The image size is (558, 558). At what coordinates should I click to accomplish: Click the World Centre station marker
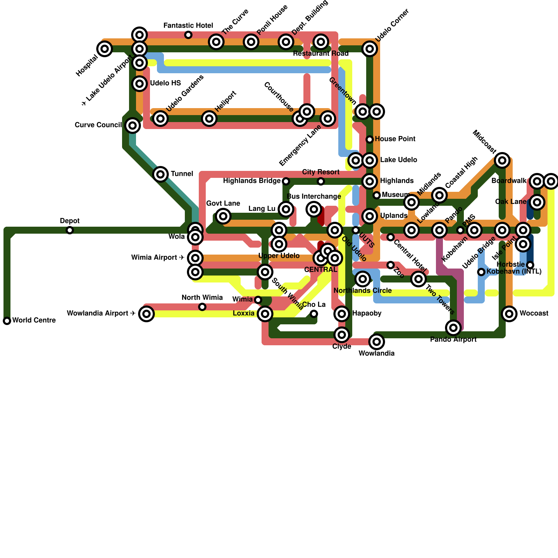(7, 321)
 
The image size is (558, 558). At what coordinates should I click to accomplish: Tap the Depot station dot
(70, 230)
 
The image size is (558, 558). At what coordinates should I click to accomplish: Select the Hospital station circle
(105, 49)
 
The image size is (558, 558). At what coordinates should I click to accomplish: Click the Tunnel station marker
(160, 174)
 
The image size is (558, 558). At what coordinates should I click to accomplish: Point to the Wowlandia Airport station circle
(146, 314)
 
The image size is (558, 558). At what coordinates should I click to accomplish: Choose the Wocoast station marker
(509, 314)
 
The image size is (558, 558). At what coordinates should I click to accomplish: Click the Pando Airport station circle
(453, 328)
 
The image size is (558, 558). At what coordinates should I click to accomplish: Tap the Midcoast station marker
(502, 160)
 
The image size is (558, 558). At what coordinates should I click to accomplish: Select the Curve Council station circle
(133, 126)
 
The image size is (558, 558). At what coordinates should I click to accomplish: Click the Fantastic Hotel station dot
(188, 35)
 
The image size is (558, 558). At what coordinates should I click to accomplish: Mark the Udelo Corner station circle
(370, 49)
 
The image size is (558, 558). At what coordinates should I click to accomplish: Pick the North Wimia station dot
(202, 307)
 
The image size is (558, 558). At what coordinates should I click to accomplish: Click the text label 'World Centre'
(34, 321)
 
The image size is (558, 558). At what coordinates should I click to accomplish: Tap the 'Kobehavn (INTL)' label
(514, 272)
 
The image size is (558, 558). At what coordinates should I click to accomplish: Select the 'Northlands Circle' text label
(362, 291)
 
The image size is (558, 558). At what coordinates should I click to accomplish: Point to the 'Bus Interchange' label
(314, 197)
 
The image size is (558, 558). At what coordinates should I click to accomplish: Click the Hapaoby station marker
(342, 314)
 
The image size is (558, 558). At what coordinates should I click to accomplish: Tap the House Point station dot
(370, 139)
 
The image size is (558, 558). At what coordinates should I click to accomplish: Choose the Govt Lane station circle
(223, 216)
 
